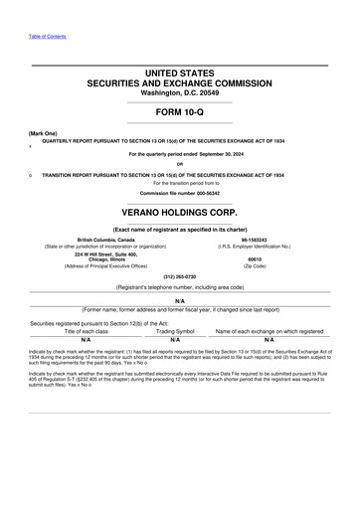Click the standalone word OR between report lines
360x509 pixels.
pyautogui.click(x=179, y=164)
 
